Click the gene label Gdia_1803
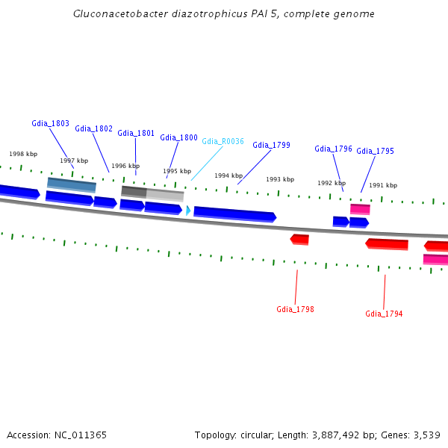click(x=50, y=123)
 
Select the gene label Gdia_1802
click(x=94, y=128)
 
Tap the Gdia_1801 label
click(x=136, y=133)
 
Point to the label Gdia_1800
click(x=178, y=137)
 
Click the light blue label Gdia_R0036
click(x=223, y=141)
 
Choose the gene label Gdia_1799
click(x=271, y=145)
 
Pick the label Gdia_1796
click(x=333, y=149)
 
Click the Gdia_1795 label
click(x=375, y=151)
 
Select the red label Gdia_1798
click(x=295, y=309)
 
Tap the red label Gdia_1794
click(x=384, y=314)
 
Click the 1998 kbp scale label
click(x=23, y=154)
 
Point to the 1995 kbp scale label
click(x=177, y=171)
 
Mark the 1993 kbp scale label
click(x=280, y=179)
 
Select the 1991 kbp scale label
click(x=383, y=185)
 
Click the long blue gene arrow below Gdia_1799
click(x=234, y=214)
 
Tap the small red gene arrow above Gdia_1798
click(x=299, y=239)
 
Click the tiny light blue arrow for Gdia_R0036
click(x=188, y=211)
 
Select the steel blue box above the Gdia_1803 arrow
click(x=72, y=184)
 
